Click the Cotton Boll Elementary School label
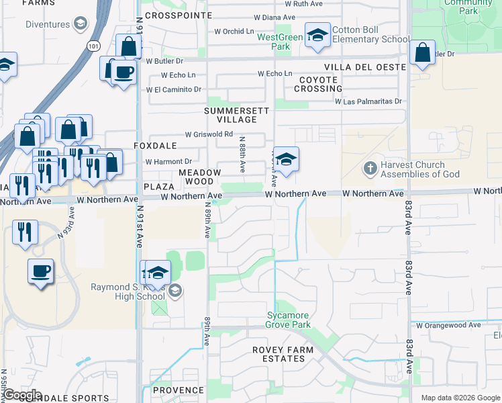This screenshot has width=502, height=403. [x=370, y=34]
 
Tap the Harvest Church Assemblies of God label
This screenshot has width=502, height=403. [x=421, y=170]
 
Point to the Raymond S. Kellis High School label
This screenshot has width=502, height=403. [x=128, y=292]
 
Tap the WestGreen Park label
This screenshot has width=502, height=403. [x=281, y=42]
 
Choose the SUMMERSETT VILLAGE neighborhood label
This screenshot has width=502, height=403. [x=236, y=115]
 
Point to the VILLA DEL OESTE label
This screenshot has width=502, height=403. [x=364, y=67]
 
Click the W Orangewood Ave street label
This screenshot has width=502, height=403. [x=448, y=325]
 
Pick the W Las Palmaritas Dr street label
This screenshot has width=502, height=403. [x=368, y=102]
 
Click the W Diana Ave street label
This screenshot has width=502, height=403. [x=274, y=17]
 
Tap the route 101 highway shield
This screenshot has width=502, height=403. [x=92, y=45]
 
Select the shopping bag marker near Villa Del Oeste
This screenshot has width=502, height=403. [x=423, y=54]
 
